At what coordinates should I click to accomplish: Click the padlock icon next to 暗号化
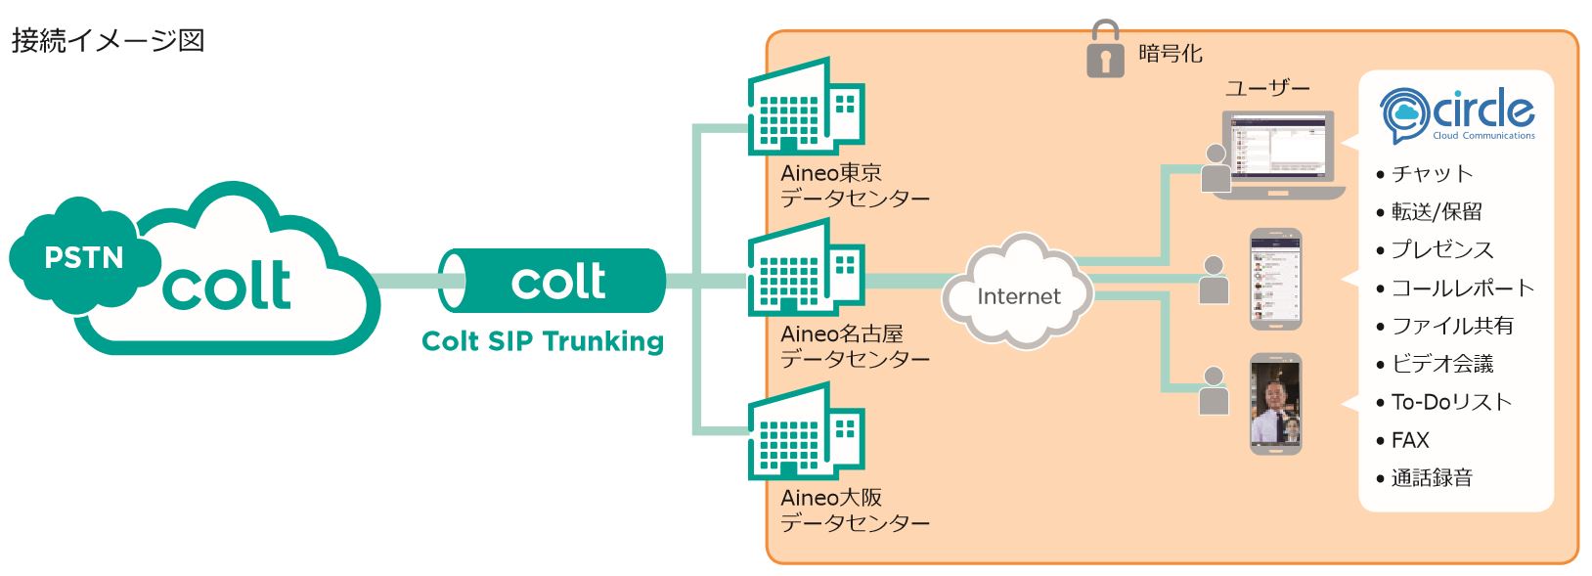tap(1105, 50)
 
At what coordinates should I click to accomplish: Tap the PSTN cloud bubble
tap(83, 256)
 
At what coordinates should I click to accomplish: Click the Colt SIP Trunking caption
tap(543, 341)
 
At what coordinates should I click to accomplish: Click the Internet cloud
tap(1018, 292)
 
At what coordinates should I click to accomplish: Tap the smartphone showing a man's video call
tap(1276, 403)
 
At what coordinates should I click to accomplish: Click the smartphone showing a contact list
tap(1276, 280)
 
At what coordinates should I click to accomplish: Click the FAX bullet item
tap(1409, 440)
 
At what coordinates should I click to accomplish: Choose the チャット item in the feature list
tap(1432, 174)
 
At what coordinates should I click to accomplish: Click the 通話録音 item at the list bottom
tap(1432, 478)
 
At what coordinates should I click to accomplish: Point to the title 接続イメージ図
tap(108, 41)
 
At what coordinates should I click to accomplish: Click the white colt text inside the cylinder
tap(558, 282)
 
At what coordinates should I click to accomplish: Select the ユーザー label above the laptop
tap(1267, 88)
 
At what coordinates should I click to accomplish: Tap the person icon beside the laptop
tap(1216, 169)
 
